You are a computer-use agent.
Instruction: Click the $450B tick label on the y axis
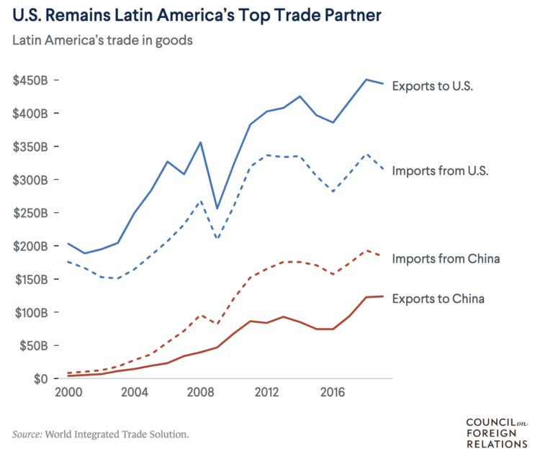point(30,81)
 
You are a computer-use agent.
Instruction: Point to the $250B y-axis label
point(30,213)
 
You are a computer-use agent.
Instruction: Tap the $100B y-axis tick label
point(30,313)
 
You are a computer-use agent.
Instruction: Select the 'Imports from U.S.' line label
point(441,171)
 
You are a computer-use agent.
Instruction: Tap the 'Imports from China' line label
point(446,258)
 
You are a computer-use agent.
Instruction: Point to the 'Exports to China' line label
point(438,298)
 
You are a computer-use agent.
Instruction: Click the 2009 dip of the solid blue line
point(217,209)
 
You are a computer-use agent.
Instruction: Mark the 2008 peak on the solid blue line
point(200,142)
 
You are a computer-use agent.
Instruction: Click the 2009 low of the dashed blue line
point(217,239)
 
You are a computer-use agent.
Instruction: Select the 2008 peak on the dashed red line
point(201,314)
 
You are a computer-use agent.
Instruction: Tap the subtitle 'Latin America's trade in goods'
point(102,40)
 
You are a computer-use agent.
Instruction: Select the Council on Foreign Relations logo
point(497,433)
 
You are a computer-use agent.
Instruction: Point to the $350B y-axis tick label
point(30,147)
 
